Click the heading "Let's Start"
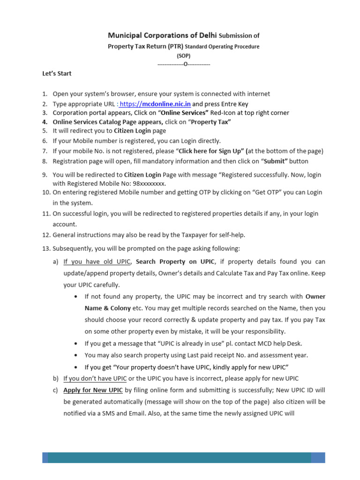coord(56,74)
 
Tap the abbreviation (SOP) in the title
coord(183,55)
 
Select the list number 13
coord(46,248)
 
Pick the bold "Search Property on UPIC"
coord(175,261)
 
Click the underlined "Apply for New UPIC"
coord(93,390)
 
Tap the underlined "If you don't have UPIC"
coord(95,378)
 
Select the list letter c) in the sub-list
coord(56,390)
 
